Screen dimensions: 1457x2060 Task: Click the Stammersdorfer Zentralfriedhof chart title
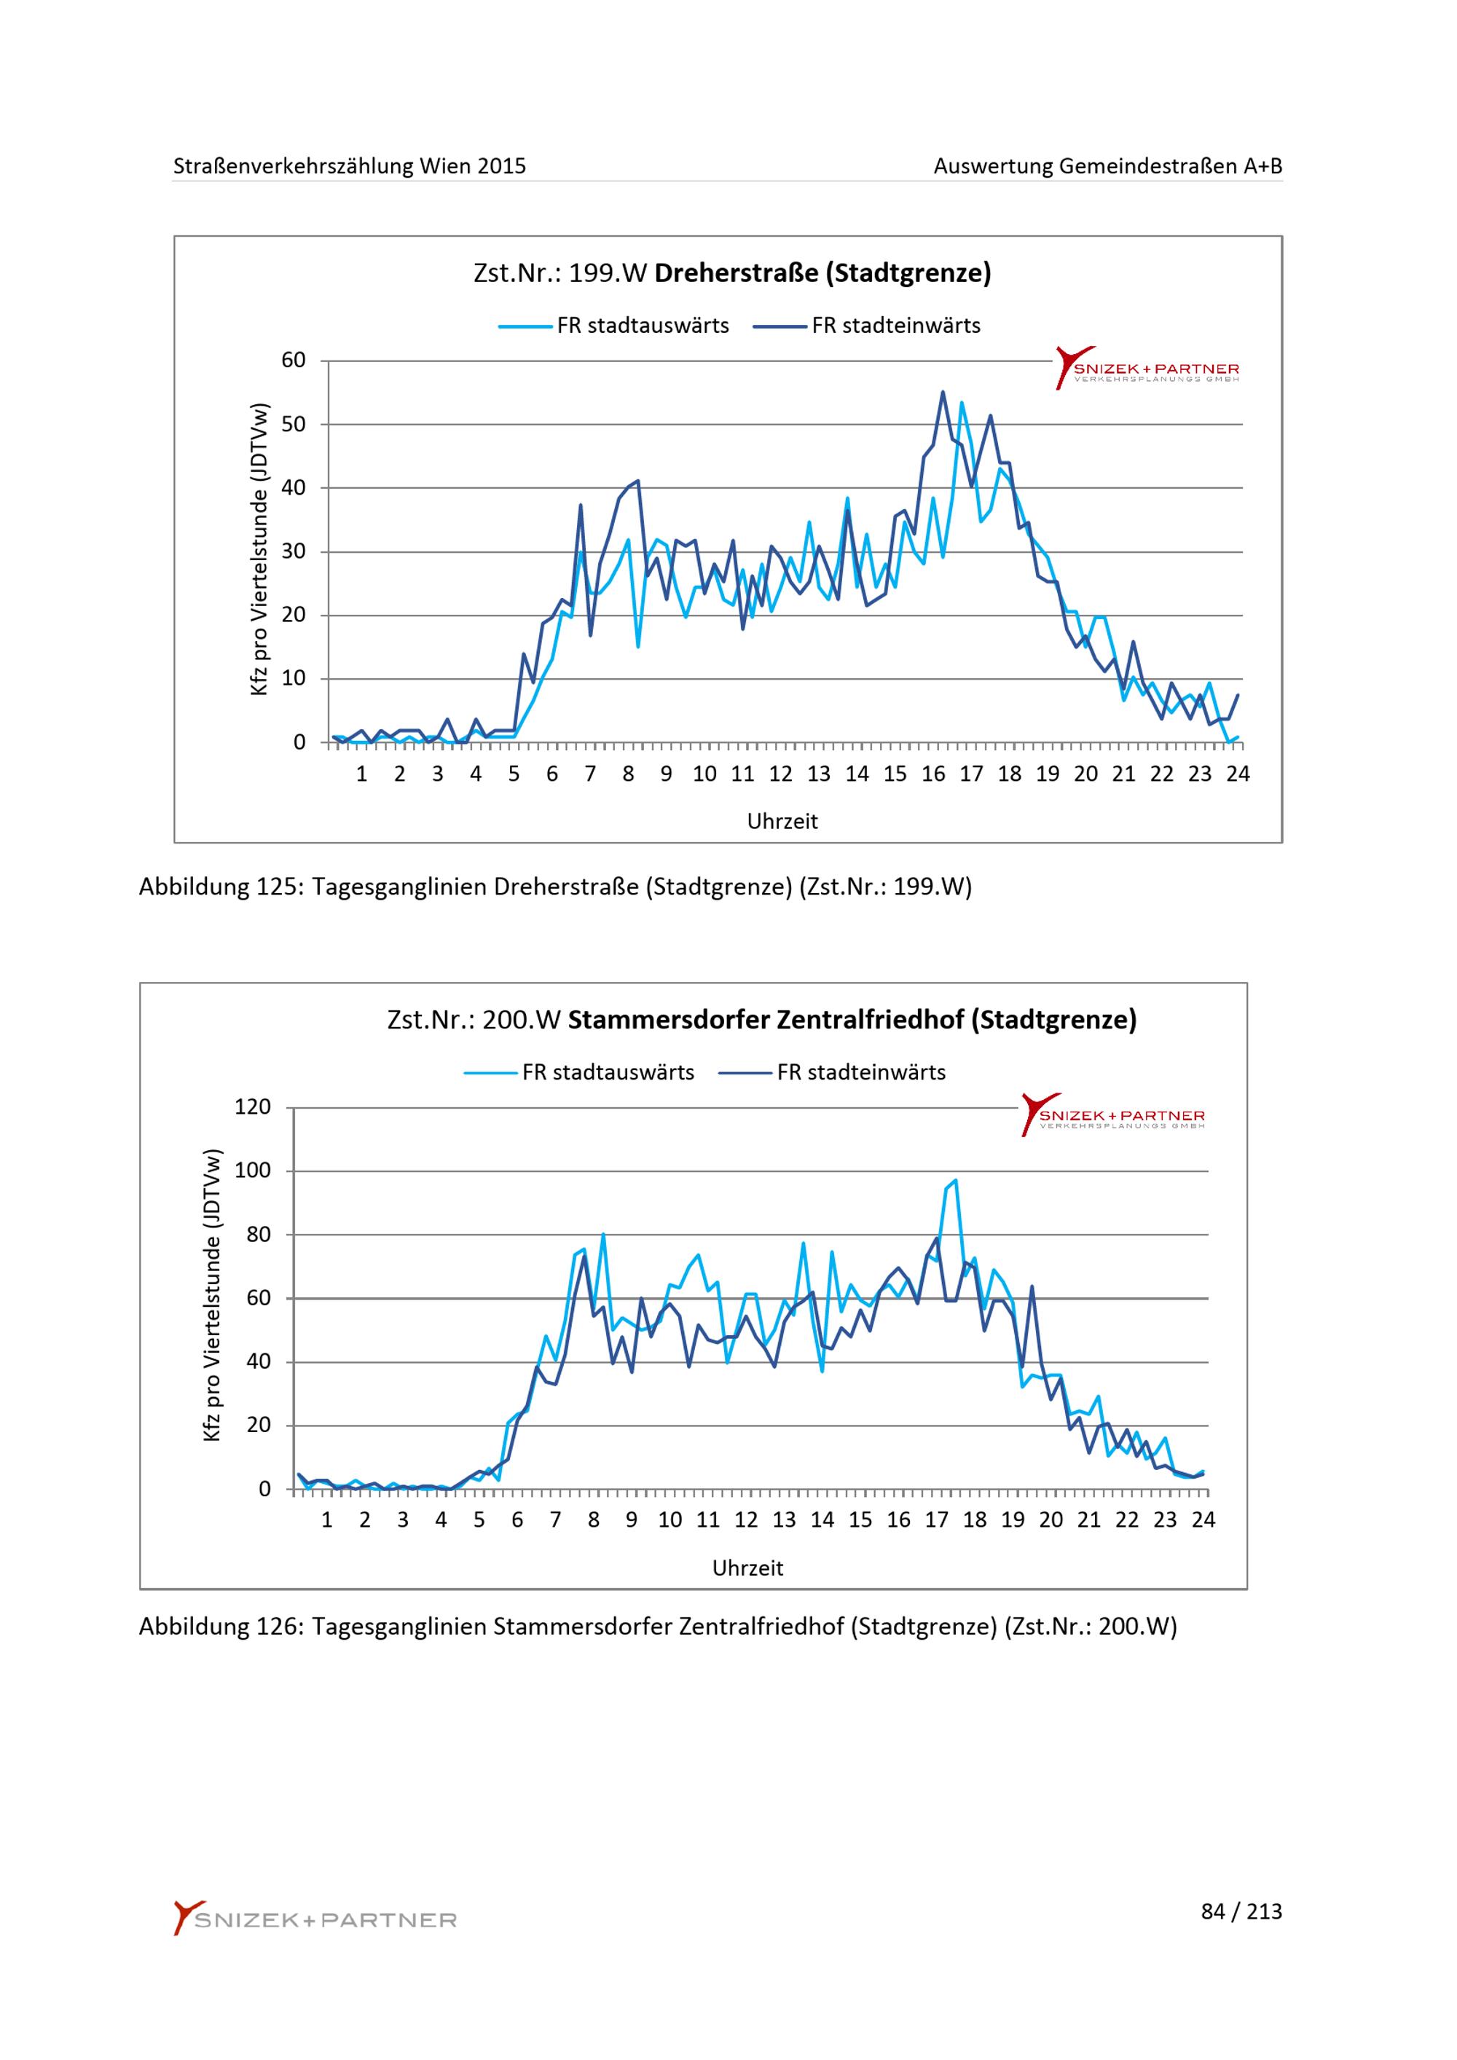click(x=762, y=1020)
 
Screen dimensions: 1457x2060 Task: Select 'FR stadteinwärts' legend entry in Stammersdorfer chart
click(x=833, y=1072)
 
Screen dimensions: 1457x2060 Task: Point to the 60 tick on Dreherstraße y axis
click(x=294, y=361)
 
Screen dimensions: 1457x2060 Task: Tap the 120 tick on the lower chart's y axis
click(x=252, y=1107)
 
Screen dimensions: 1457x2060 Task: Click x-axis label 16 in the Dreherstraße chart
click(x=933, y=774)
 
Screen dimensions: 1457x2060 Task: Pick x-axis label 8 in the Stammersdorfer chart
click(x=594, y=1520)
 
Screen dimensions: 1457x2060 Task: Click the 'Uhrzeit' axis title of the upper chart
click(x=782, y=822)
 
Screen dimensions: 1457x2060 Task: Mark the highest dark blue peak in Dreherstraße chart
click(x=943, y=391)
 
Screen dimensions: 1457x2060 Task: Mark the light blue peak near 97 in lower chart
click(x=956, y=1180)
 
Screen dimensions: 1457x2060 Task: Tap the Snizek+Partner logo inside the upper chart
click(x=1147, y=368)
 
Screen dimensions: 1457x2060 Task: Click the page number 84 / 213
click(x=1241, y=1912)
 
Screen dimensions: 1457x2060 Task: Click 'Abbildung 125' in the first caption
click(x=221, y=887)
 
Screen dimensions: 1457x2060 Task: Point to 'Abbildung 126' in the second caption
click(x=221, y=1627)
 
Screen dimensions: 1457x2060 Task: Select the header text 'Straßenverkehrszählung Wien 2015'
click(x=350, y=166)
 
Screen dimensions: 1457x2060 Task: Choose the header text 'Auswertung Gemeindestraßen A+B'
click(x=1108, y=166)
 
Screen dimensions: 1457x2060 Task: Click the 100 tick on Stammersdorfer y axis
click(x=252, y=1171)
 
